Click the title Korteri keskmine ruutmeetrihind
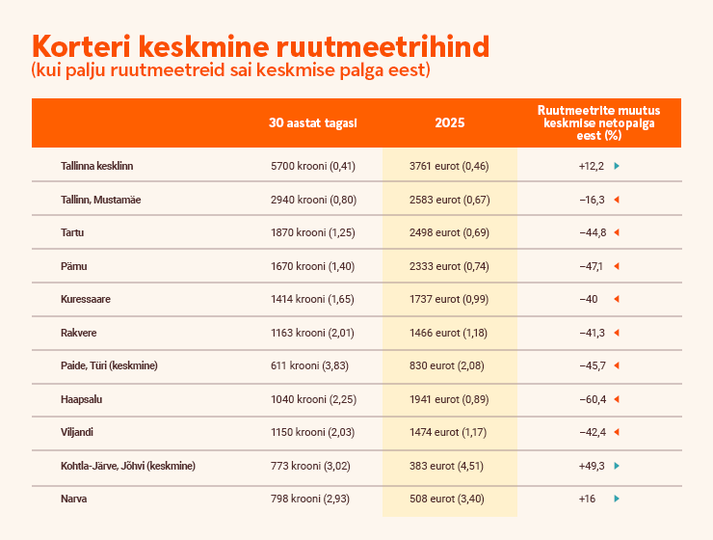tap(260, 46)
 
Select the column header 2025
tap(449, 122)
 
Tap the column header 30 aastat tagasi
tap(313, 122)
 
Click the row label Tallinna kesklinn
tap(96, 166)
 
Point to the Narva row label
tap(73, 499)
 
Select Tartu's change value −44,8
tap(592, 232)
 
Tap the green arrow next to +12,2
tap(616, 166)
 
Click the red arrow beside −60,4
tap(616, 399)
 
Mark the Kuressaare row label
tap(85, 299)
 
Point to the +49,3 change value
tap(591, 466)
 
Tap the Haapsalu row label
tap(83, 399)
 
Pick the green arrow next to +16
tap(616, 499)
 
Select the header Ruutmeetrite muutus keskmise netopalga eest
tap(598, 122)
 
